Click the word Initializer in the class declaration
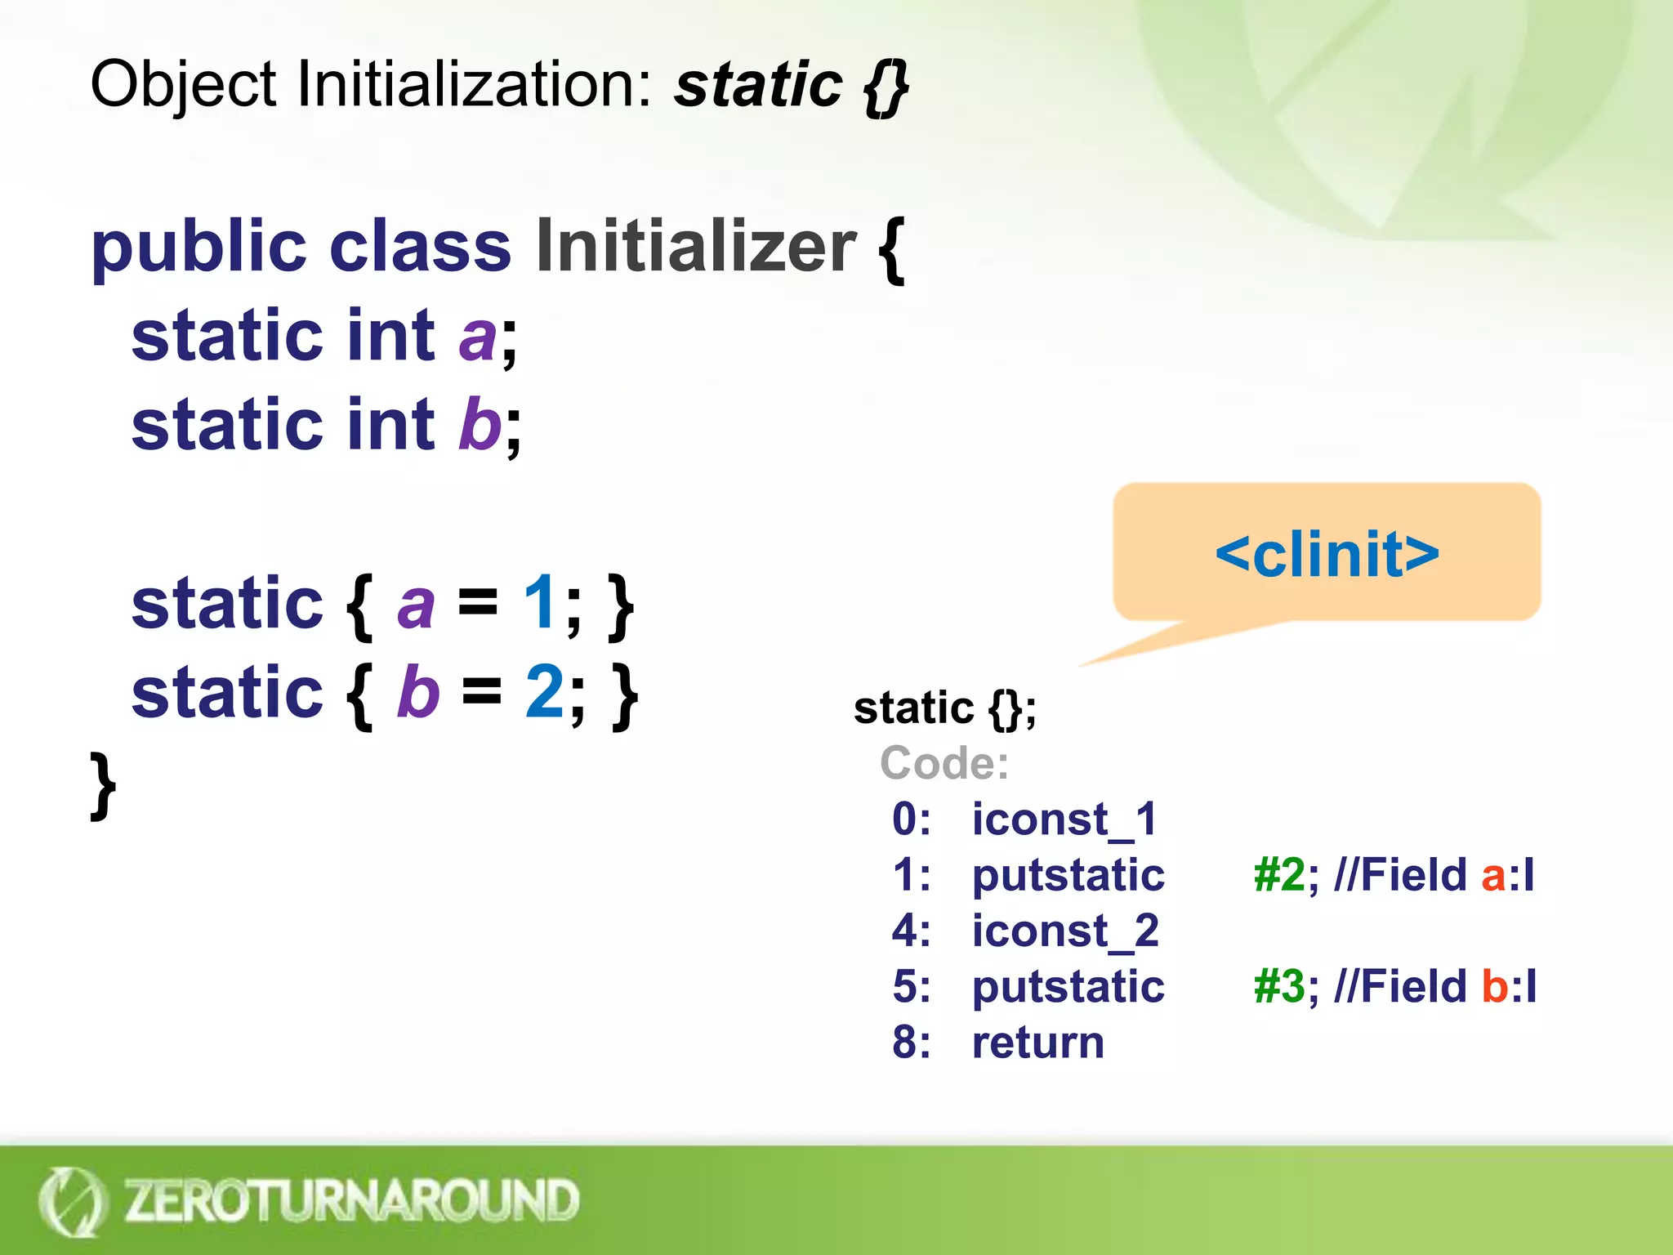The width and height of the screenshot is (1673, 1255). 695,247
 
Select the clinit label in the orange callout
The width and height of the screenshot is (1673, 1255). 1327,555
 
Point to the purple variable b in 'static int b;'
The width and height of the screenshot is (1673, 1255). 480,425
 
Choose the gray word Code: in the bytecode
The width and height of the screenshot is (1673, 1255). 944,763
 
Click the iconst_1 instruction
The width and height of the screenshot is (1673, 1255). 1064,819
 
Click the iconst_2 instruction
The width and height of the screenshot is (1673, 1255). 1065,931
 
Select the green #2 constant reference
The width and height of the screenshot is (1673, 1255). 1280,875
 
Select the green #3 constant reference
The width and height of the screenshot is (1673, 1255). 1280,986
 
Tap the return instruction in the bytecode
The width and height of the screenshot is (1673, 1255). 1037,1043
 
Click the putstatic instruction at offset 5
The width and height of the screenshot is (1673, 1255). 1068,986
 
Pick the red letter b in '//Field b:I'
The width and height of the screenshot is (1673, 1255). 1495,986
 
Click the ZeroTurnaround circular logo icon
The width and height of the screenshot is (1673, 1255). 72,1201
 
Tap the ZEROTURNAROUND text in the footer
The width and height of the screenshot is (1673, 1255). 351,1201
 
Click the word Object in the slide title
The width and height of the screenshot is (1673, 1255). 184,85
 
